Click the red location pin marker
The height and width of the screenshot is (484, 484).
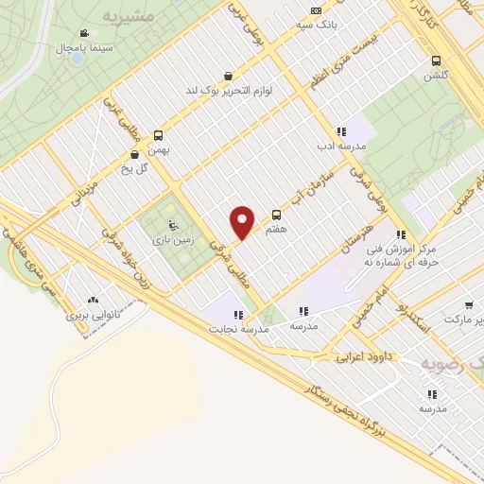pyautogui.click(x=243, y=221)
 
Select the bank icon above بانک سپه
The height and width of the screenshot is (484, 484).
pyautogui.click(x=316, y=11)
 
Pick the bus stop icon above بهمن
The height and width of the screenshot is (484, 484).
pyautogui.click(x=158, y=134)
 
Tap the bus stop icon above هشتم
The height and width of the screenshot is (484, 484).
pyautogui.click(x=276, y=215)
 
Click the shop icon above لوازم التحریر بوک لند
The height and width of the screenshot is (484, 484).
pyautogui.click(x=228, y=76)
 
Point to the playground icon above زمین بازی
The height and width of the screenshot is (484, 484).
pyautogui.click(x=172, y=224)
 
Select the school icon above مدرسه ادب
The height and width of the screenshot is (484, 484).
pyautogui.click(x=340, y=132)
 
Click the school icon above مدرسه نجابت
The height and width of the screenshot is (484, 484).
pyautogui.click(x=239, y=314)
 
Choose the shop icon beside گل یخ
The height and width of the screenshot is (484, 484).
pyautogui.click(x=134, y=154)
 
